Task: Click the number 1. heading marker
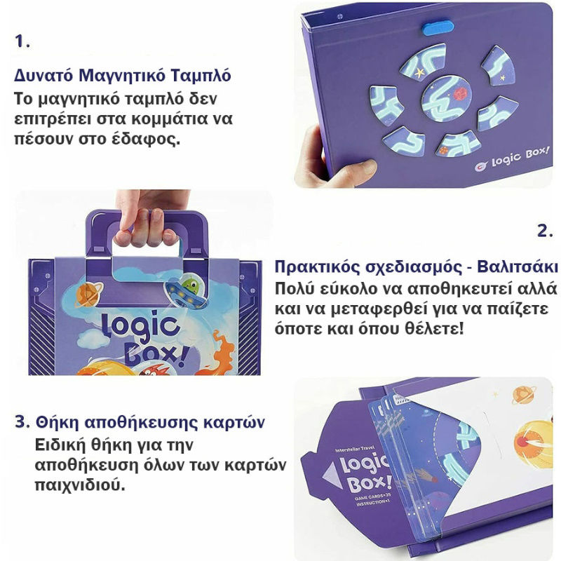[22, 41]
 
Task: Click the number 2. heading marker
[545, 231]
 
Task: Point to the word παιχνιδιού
[80, 485]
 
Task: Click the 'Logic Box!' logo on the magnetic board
[512, 159]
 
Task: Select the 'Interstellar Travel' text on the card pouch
[355, 448]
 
